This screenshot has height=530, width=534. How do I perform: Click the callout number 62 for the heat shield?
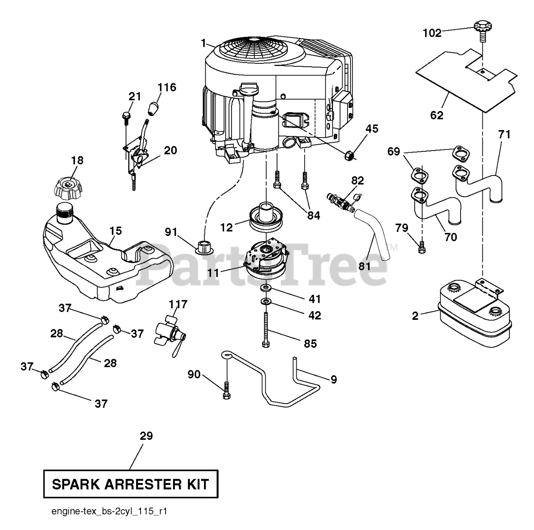click(x=437, y=115)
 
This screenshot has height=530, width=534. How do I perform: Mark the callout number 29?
click(x=146, y=436)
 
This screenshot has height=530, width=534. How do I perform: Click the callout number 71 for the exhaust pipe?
click(x=504, y=134)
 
